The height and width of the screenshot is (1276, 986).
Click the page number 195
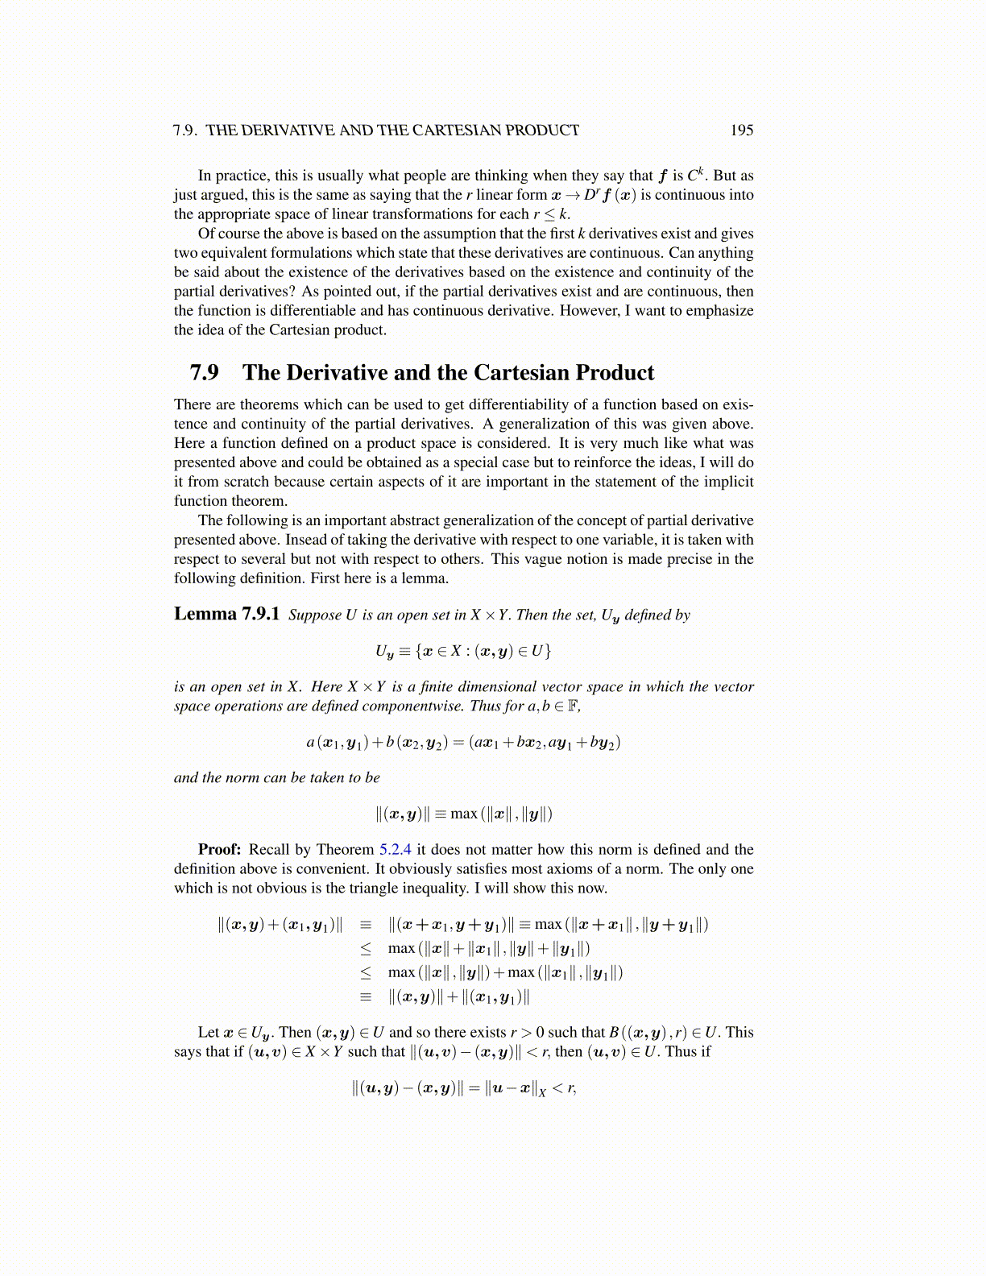741,130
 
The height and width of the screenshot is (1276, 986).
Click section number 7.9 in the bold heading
204,373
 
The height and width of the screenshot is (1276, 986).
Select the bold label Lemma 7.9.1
226,615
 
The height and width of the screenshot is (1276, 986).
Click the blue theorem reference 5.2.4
395,850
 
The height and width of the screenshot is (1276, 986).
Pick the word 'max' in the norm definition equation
463,814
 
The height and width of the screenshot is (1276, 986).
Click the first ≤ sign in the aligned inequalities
366,949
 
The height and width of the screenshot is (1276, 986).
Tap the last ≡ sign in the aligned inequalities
366,997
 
